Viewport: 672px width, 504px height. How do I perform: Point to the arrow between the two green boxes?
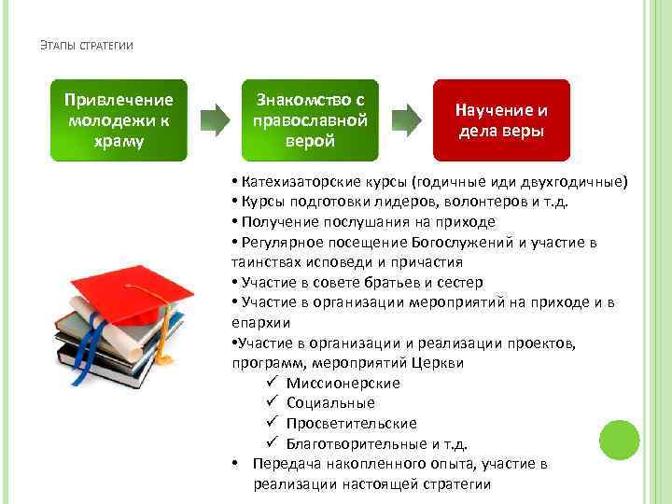pos(215,119)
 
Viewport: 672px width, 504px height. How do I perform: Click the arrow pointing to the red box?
pos(405,119)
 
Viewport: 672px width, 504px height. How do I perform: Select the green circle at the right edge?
pos(618,440)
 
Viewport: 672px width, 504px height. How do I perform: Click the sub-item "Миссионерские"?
pos(343,383)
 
